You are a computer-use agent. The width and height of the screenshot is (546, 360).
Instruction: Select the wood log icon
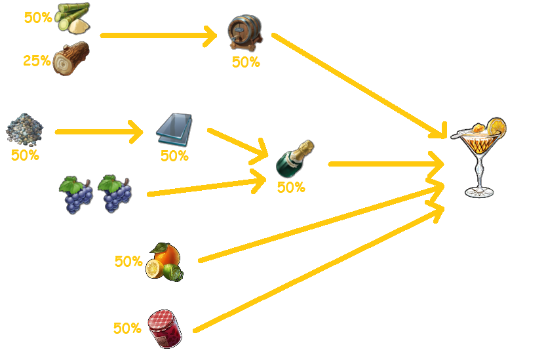70,59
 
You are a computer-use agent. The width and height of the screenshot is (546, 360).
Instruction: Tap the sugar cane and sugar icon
72,18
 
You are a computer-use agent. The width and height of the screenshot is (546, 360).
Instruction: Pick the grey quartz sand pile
25,131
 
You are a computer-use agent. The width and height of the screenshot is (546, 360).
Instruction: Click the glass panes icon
174,130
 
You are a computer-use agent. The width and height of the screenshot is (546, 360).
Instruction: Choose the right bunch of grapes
115,193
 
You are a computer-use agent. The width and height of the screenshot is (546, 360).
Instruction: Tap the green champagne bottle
294,159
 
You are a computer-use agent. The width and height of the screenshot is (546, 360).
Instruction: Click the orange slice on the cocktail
497,125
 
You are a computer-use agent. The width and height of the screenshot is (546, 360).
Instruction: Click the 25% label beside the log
37,61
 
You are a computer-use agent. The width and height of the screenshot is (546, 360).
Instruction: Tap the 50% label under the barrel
245,62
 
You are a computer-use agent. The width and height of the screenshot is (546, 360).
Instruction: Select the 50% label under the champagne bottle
291,188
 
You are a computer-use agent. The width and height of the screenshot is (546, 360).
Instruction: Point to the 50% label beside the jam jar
127,329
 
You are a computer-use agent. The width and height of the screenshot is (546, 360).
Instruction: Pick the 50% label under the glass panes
174,156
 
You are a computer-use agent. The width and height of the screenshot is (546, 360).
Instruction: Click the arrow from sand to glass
98,132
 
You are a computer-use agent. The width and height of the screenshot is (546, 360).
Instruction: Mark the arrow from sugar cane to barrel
157,35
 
